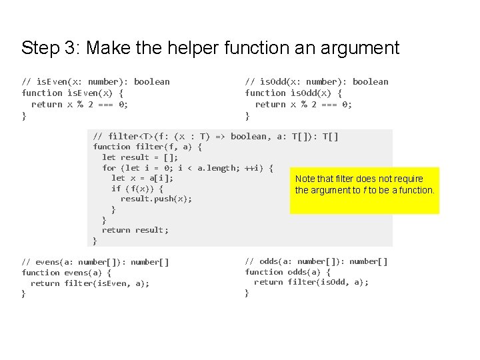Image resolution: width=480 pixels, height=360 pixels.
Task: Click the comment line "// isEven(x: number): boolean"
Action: tap(95, 81)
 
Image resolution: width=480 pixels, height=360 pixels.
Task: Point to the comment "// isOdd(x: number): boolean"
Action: tap(316, 81)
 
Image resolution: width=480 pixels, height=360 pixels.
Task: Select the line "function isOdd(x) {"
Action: tap(293, 93)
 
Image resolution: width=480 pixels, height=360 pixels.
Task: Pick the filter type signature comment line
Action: tap(215, 136)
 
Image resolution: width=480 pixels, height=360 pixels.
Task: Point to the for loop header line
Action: tap(187, 168)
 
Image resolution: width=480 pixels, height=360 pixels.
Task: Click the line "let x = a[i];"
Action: tap(142, 178)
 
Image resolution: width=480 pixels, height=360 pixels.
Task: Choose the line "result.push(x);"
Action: tap(156, 199)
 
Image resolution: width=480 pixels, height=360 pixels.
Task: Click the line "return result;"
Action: tap(135, 230)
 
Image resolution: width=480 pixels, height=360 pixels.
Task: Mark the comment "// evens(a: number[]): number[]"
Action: tap(95, 261)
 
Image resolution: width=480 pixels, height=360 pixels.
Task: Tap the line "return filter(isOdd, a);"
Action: tap(311, 282)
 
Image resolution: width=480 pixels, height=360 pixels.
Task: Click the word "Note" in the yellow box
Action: tap(305, 179)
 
